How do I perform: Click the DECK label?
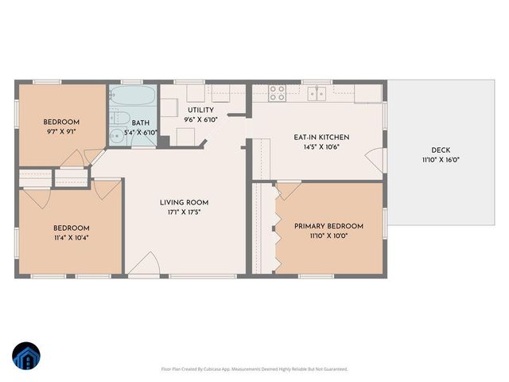[440, 150]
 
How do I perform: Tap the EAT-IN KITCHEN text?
[321, 137]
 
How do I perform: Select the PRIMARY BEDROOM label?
[328, 225]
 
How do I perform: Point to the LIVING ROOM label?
[184, 202]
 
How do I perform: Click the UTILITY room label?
[200, 110]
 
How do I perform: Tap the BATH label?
[141, 123]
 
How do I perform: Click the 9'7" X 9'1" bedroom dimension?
[60, 133]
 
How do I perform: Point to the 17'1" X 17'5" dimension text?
[184, 212]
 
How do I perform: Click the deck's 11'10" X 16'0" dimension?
[440, 160]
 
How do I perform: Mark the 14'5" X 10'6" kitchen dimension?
[321, 147]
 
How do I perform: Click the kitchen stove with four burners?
[277, 92]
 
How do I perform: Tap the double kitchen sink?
[318, 93]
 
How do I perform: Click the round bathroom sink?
[117, 135]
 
